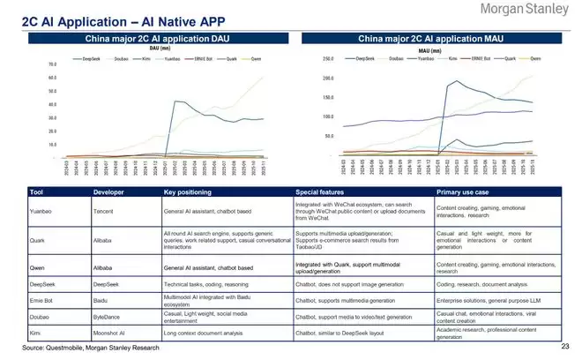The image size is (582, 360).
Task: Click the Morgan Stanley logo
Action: pos(523,11)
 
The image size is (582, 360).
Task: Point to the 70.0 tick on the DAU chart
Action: pos(52,64)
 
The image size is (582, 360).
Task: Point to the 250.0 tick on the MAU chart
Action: pos(327,59)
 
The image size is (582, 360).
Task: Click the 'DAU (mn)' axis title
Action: pos(160,49)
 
